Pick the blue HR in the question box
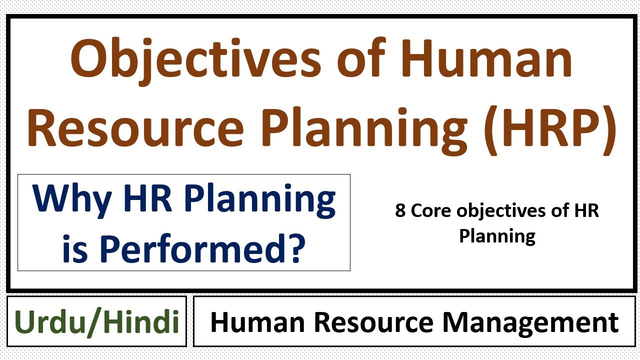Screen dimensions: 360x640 (150, 198)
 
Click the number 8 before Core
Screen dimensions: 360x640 (400, 211)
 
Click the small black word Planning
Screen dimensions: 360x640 (497, 235)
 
